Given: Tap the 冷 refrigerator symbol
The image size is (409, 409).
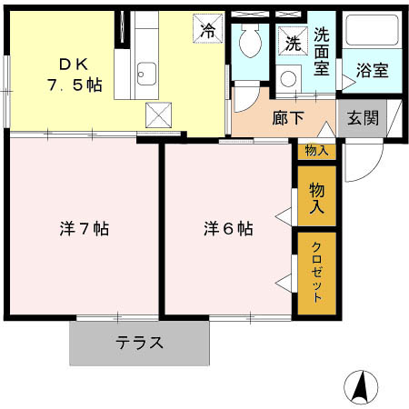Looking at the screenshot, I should pyautogui.click(x=207, y=29).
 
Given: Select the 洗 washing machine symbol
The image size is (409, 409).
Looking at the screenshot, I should pyautogui.click(x=294, y=42).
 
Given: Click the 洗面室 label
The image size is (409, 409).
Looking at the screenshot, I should pyautogui.click(x=323, y=53).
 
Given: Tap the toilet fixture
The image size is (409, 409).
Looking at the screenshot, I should pyautogui.click(x=247, y=41).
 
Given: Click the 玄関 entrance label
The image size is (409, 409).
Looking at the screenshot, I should pyautogui.click(x=360, y=118).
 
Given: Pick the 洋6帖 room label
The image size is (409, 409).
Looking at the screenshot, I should pyautogui.click(x=227, y=229).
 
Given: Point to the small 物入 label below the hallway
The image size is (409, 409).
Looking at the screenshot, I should pyautogui.click(x=316, y=151).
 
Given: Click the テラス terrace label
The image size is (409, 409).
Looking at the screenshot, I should pyautogui.click(x=139, y=343).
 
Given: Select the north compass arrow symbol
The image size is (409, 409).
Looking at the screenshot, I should pyautogui.click(x=360, y=388).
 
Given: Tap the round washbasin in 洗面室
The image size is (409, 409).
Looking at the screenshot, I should pyautogui.click(x=289, y=79).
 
